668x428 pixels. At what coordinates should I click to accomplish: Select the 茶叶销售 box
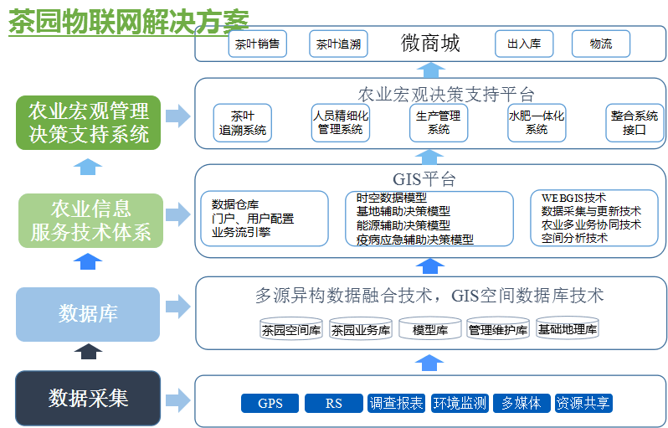[257, 44]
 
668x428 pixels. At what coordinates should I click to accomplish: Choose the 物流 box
[600, 44]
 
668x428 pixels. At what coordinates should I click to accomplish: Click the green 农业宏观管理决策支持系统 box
[88, 122]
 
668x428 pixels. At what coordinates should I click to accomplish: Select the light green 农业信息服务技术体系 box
[90, 220]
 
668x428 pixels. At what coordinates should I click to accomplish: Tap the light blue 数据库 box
[88, 314]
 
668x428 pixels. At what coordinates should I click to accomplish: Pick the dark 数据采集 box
[88, 398]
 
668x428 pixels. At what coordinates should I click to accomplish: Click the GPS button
[270, 404]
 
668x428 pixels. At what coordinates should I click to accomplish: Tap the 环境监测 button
[460, 404]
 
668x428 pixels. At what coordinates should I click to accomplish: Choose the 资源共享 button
[583, 404]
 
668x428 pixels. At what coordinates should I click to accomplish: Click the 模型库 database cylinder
[430, 328]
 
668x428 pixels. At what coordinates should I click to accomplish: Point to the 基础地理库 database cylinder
[568, 328]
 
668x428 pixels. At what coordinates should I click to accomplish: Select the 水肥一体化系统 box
[537, 122]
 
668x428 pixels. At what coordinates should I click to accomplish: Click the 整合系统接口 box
[634, 122]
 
